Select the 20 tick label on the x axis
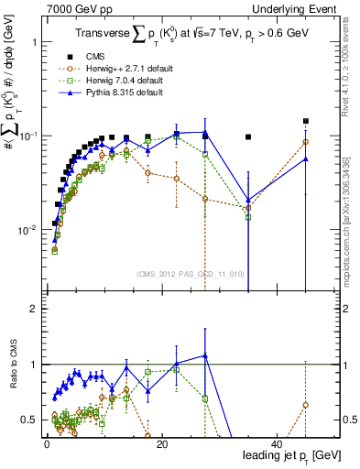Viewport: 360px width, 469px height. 161,444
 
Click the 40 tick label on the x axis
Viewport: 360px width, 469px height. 277,444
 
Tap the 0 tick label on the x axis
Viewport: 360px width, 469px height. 47,444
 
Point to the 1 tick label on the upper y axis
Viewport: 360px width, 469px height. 34,43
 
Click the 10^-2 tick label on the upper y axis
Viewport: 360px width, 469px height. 27,229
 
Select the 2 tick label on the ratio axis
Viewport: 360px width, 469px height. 34,309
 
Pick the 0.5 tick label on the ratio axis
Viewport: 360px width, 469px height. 29,420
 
